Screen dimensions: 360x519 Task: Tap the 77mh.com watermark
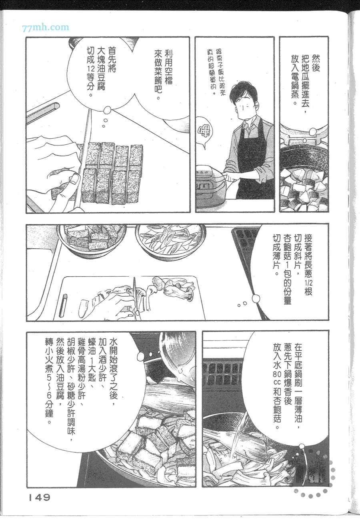(x=46, y=28)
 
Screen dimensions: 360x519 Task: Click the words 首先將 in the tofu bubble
(x=112, y=60)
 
